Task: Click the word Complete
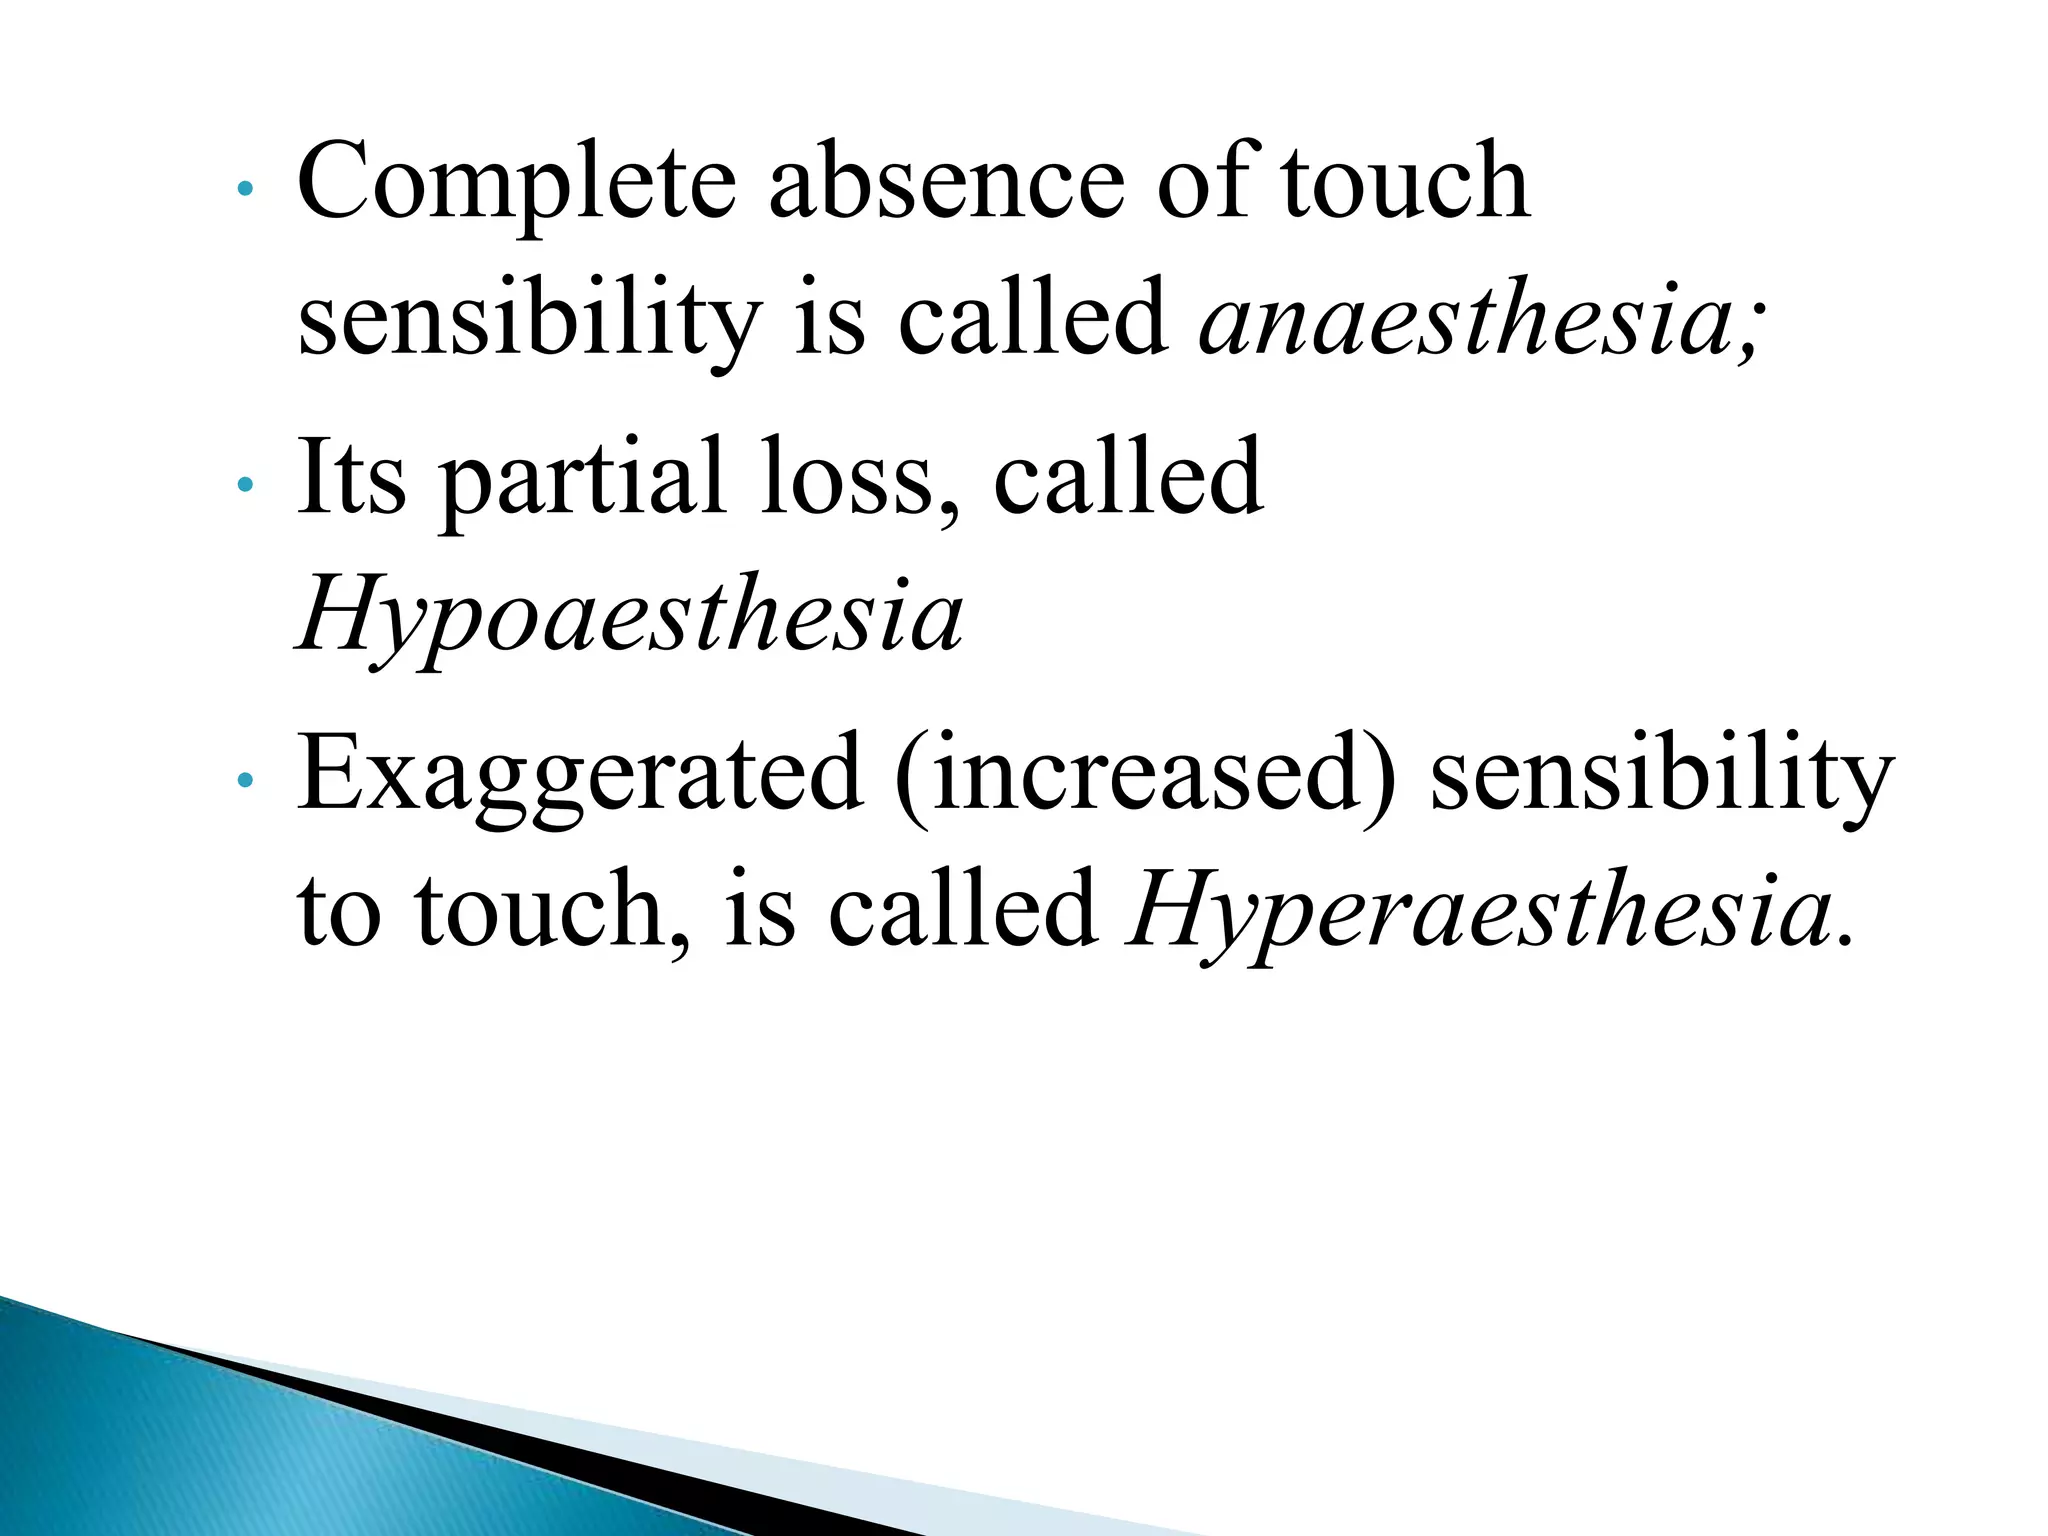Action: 516,185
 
